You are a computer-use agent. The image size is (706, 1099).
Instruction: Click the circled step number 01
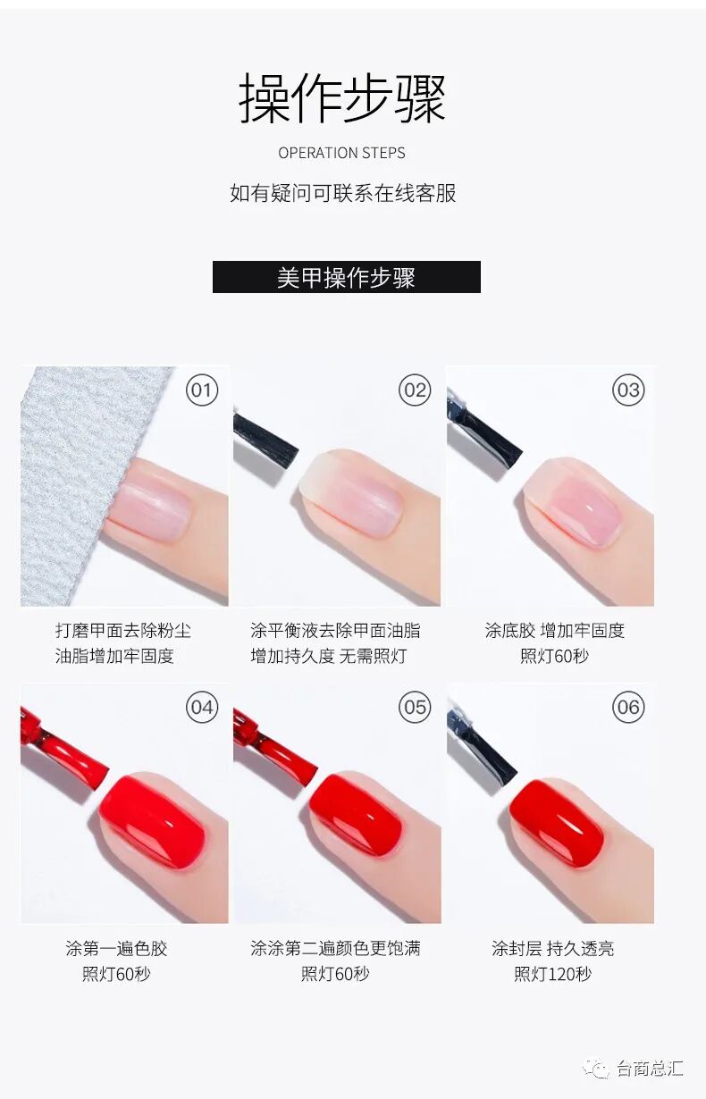click(202, 390)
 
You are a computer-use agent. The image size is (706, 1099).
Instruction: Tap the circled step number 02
click(415, 390)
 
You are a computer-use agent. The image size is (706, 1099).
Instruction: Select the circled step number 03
click(628, 390)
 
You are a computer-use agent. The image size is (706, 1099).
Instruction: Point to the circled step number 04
click(202, 707)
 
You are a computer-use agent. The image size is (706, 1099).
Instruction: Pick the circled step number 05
click(415, 707)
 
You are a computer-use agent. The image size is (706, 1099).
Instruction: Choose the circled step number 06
click(628, 707)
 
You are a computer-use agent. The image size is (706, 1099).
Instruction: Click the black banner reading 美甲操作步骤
click(347, 277)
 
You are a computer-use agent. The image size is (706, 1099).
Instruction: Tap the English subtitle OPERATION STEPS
click(342, 153)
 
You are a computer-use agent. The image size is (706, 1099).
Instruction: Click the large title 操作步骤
click(342, 97)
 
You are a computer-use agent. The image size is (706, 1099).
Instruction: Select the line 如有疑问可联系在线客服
click(343, 193)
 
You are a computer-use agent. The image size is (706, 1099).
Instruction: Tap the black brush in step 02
click(265, 441)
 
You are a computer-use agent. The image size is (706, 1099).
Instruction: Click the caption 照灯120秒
click(553, 973)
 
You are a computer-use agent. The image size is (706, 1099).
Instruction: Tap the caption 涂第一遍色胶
click(116, 948)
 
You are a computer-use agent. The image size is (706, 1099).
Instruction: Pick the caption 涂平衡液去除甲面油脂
click(336, 631)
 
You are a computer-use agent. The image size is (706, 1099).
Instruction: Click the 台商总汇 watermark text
click(650, 1069)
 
